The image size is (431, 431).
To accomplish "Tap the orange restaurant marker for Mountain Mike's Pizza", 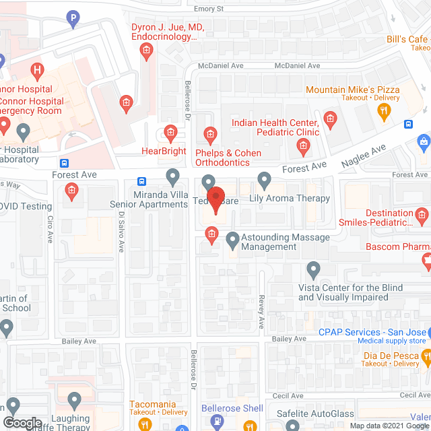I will pyautogui.click(x=385, y=111).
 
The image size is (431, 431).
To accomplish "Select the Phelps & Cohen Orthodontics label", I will pyautogui.click(x=228, y=158).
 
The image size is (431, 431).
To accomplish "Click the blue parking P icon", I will pyautogui.click(x=73, y=20).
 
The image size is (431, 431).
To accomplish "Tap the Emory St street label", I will pyautogui.click(x=209, y=9).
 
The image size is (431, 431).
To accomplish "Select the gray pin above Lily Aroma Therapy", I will pyautogui.click(x=264, y=180).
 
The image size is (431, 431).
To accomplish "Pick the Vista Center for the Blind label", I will pyautogui.click(x=350, y=292).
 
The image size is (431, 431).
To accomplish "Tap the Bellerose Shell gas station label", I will pyautogui.click(x=232, y=409).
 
